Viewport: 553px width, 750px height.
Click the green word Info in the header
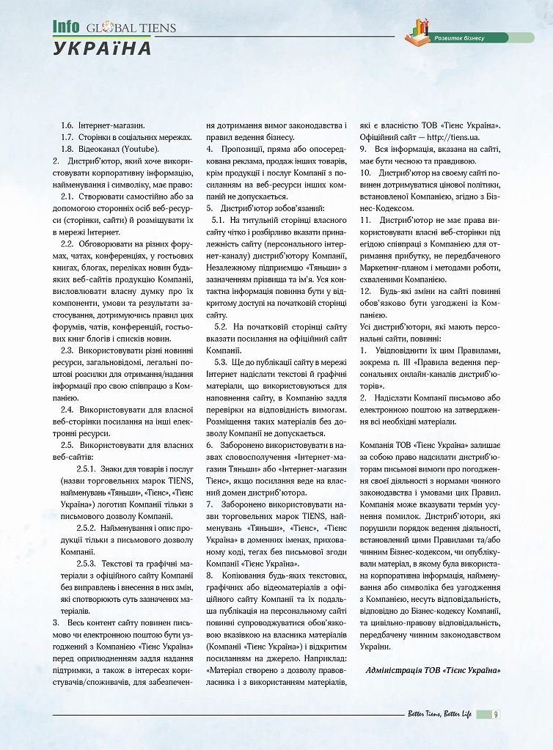coord(65,27)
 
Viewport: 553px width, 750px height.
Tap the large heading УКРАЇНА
coord(102,48)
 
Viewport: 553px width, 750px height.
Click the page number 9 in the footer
coord(497,714)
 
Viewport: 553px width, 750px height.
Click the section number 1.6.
coord(67,126)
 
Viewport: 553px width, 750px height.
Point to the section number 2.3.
coord(67,350)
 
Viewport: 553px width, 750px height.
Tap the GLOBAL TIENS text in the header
coord(131,29)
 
